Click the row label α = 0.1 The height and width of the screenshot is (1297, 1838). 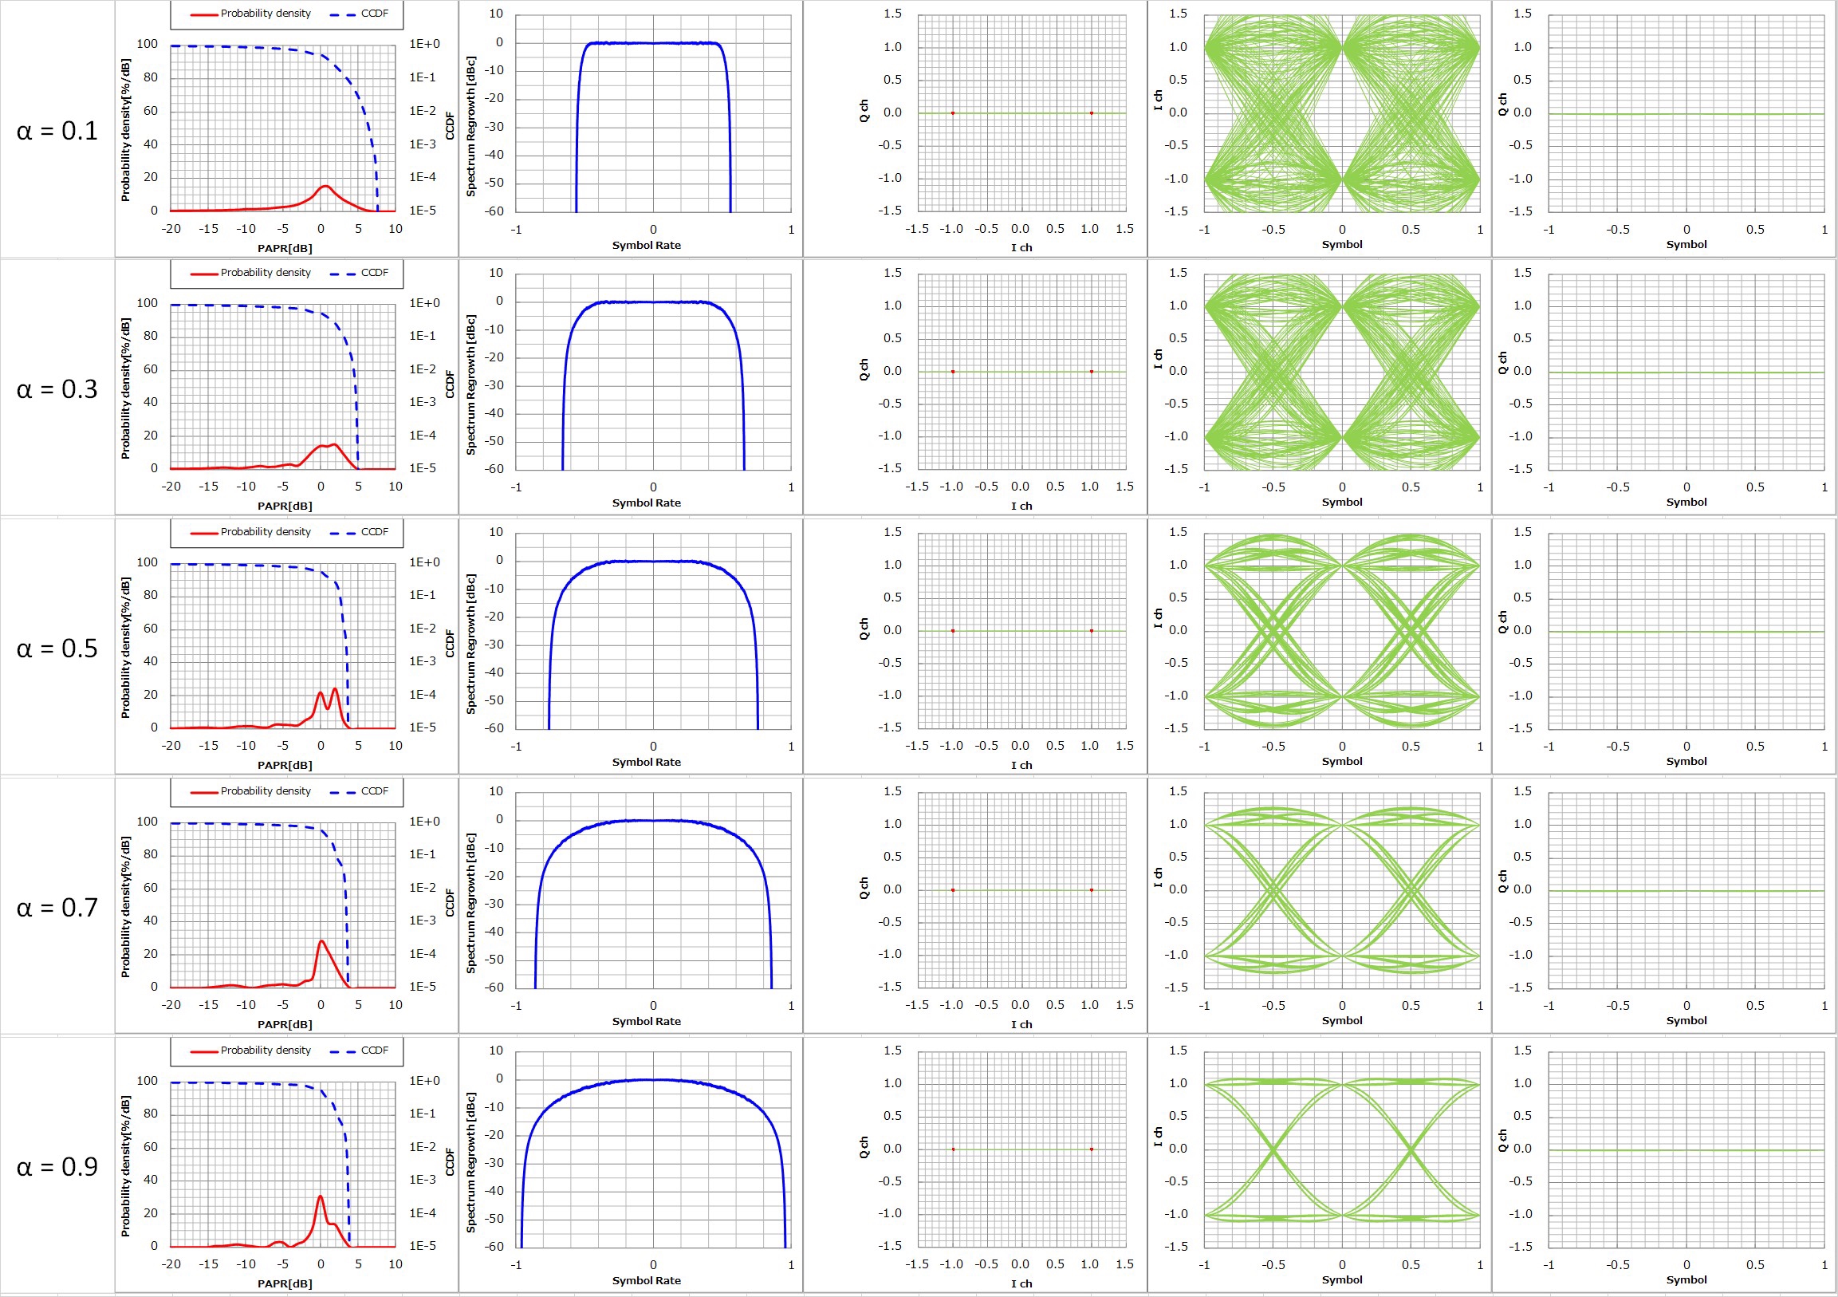click(57, 131)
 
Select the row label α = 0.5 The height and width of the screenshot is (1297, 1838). click(57, 648)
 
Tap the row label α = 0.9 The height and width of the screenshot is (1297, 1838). click(57, 1167)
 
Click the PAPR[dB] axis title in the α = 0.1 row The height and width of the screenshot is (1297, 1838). click(285, 248)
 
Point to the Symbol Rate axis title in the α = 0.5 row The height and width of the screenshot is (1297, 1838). click(646, 763)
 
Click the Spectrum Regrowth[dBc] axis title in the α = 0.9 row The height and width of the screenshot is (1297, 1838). click(470, 1162)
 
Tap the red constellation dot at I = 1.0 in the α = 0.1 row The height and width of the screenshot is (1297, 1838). click(1091, 113)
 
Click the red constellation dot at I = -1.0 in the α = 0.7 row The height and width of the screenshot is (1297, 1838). click(953, 890)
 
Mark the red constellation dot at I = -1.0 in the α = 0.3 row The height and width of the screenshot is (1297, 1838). click(953, 372)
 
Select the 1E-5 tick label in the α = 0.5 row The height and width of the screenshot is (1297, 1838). click(423, 727)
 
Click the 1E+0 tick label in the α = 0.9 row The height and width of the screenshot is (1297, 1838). click(424, 1081)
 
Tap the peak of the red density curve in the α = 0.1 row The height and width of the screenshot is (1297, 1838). click(325, 186)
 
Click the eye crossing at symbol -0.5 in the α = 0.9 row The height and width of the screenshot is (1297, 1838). click(1273, 1150)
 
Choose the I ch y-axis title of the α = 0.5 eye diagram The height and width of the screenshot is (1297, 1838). click(1158, 617)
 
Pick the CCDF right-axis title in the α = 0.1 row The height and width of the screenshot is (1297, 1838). click(449, 126)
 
